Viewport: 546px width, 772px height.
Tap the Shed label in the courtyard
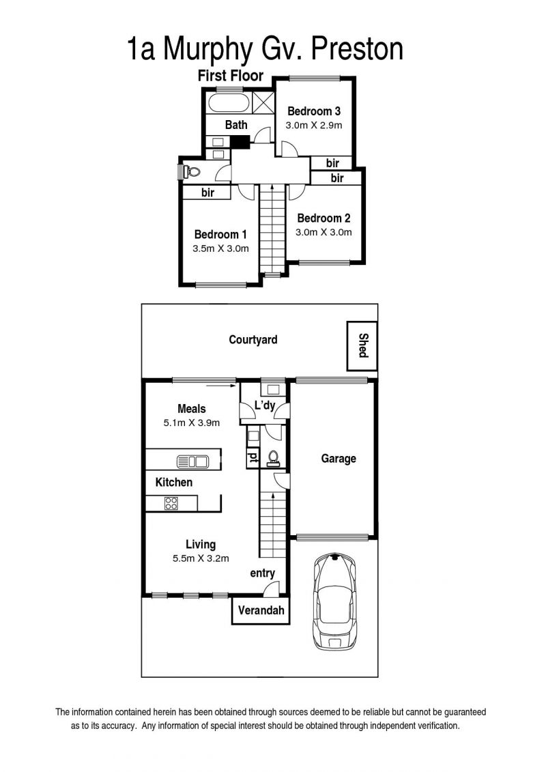[x=363, y=345]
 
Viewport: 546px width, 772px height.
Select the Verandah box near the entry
[x=261, y=610]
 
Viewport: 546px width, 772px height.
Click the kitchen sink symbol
[x=192, y=462]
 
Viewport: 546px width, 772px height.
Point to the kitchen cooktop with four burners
[x=171, y=502]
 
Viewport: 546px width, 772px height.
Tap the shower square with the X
[x=263, y=103]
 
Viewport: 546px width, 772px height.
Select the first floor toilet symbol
[x=190, y=172]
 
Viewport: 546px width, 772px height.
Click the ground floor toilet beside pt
[x=273, y=459]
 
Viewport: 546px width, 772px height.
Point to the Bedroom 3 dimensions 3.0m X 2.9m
[x=314, y=125]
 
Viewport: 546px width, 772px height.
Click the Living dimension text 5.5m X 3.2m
[x=201, y=558]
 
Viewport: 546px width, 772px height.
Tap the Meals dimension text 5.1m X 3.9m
[x=192, y=423]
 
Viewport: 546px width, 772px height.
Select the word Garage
[x=339, y=459]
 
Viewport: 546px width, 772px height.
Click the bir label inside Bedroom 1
[x=207, y=192]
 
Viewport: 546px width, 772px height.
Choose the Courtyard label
[x=253, y=340]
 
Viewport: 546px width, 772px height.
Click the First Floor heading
[x=231, y=75]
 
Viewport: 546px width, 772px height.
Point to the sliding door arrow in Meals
[x=220, y=386]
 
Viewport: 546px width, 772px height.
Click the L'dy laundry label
[x=265, y=405]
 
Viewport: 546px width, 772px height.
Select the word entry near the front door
[x=262, y=573]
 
